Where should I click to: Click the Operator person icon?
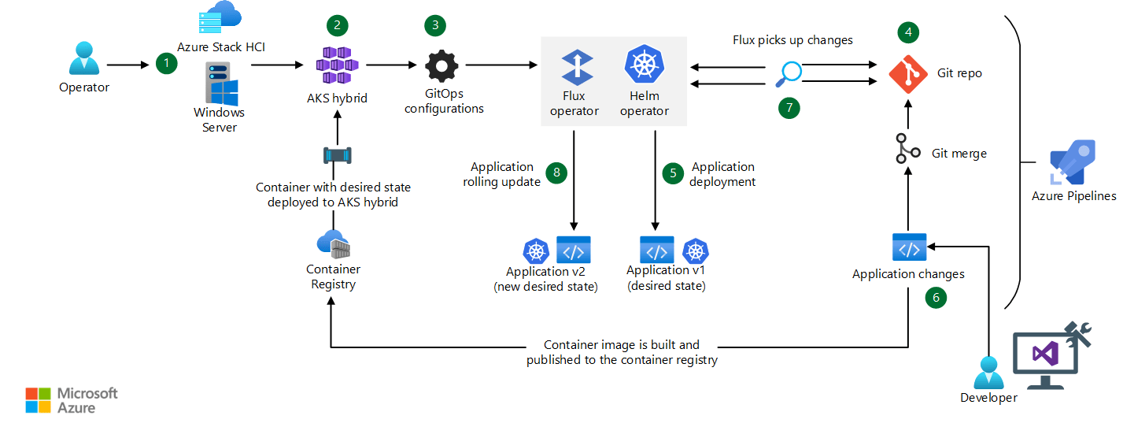pyautogui.click(x=84, y=58)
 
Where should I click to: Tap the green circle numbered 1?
pyautogui.click(x=167, y=64)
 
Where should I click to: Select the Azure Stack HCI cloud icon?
pyautogui.click(x=220, y=17)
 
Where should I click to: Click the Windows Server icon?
pyautogui.click(x=222, y=84)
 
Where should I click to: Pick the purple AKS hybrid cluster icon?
pyautogui.click(x=338, y=65)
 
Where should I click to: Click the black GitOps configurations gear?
pyautogui.click(x=441, y=65)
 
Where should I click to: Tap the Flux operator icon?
pyautogui.click(x=577, y=67)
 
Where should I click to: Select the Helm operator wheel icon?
pyautogui.click(x=645, y=64)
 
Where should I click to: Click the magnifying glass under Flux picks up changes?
pyautogui.click(x=789, y=74)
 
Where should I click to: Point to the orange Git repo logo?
pyautogui.click(x=908, y=74)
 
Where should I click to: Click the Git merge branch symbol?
pyautogui.click(x=907, y=149)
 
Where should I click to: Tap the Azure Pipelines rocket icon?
pyautogui.click(x=1073, y=162)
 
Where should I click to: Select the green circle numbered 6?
pyautogui.click(x=936, y=298)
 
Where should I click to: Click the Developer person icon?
pyautogui.click(x=988, y=373)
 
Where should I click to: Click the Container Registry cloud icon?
pyautogui.click(x=334, y=244)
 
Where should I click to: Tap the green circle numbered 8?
pyautogui.click(x=556, y=173)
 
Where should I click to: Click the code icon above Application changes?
pyautogui.click(x=910, y=247)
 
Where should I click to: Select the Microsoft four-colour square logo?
pyautogui.click(x=38, y=400)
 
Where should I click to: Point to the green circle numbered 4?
pyautogui.click(x=908, y=32)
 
